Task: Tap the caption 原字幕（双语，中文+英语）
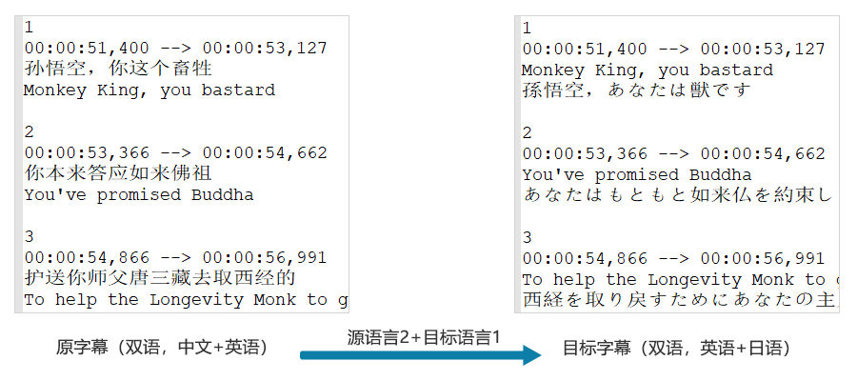[162, 348]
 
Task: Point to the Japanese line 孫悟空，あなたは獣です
[636, 90]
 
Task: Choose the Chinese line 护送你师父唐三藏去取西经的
[160, 278]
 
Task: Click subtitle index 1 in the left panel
[30, 28]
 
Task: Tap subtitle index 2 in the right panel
[527, 133]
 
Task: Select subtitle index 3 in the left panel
[30, 237]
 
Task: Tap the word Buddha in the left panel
[223, 194]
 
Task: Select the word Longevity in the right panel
[694, 279]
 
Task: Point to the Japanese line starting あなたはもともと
[676, 195]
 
